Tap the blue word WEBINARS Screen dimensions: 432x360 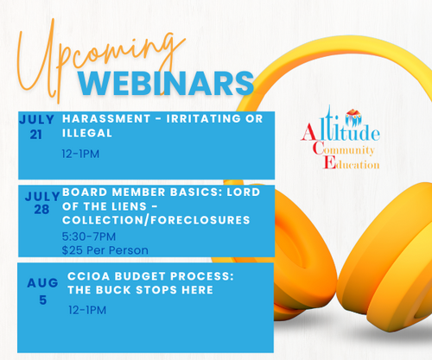pos(166,84)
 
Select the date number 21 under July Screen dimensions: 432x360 pos(36,135)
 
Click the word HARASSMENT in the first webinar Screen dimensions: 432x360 pos(106,118)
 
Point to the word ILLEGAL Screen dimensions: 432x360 pos(87,133)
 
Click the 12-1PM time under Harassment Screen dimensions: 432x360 pos(80,154)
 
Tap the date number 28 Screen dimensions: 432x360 pos(41,210)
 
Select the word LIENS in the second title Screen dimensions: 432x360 pos(133,206)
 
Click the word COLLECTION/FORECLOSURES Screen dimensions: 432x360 pos(156,220)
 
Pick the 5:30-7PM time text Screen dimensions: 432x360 pos(89,237)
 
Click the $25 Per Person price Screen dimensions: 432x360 pos(105,250)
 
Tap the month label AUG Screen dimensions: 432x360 pos(42,283)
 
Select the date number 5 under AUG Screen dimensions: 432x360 pos(43,300)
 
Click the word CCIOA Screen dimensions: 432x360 pos(89,276)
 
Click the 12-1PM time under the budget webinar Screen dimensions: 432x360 pos(87,310)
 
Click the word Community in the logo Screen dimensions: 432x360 pos(343,149)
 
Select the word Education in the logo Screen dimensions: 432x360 pos(352,163)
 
